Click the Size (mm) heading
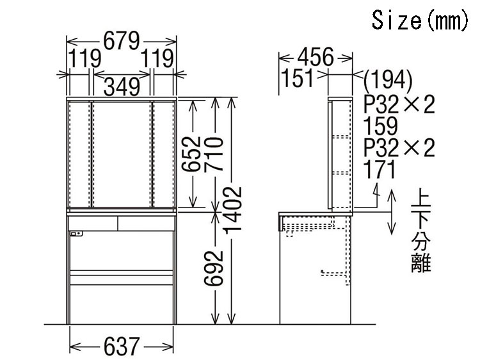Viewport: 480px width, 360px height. click(x=420, y=20)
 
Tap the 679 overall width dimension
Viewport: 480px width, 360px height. click(x=122, y=41)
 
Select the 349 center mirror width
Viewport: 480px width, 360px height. click(x=122, y=86)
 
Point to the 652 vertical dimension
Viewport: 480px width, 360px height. click(x=191, y=154)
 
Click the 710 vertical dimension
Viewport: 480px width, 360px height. click(x=214, y=154)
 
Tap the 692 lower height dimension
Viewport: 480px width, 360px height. click(x=214, y=268)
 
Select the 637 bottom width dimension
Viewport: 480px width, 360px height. click(x=122, y=347)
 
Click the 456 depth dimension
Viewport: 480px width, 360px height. click(x=316, y=57)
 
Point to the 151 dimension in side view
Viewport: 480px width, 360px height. click(x=297, y=78)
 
